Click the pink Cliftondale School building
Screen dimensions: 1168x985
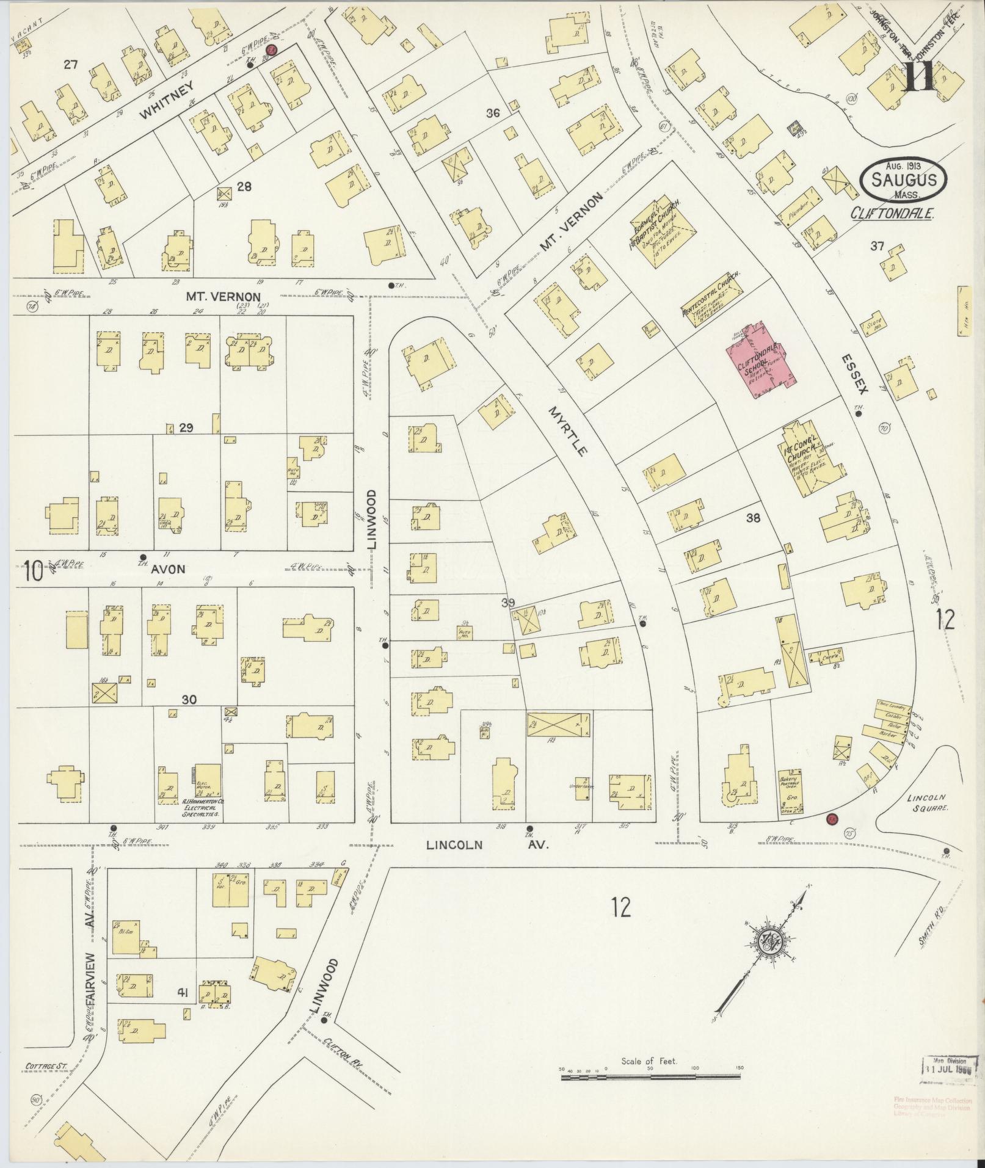[758, 363]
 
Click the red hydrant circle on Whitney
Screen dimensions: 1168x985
[272, 50]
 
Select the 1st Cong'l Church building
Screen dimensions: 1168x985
[807, 462]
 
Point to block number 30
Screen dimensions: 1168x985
[189, 700]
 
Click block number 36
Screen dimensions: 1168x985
[493, 113]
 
